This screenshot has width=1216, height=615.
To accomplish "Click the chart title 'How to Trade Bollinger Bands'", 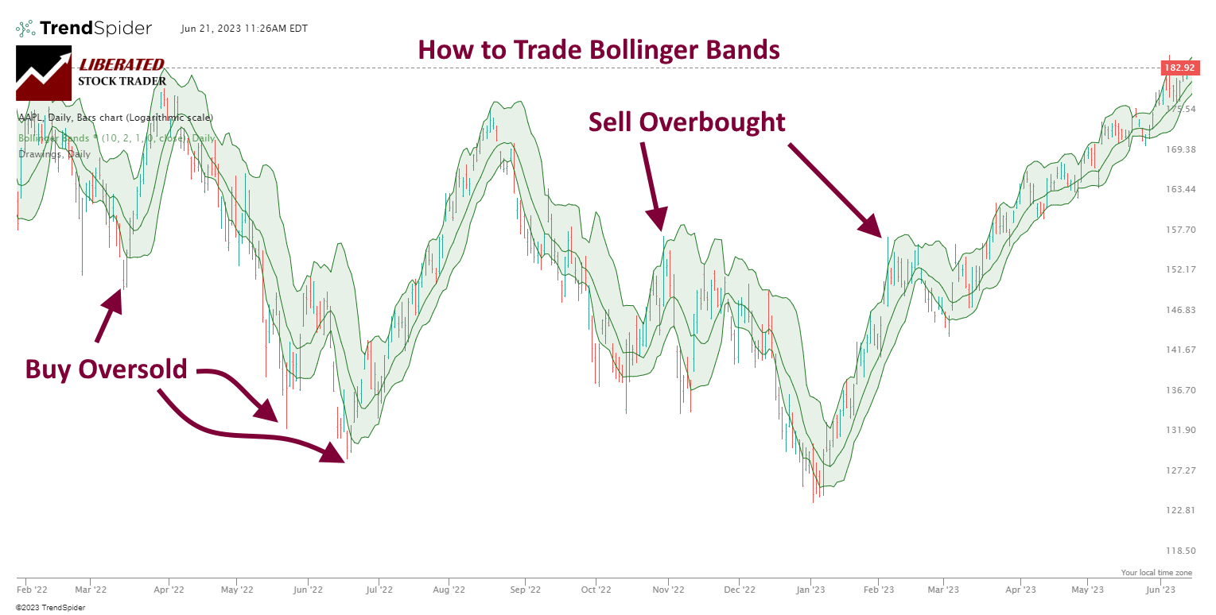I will click(x=599, y=50).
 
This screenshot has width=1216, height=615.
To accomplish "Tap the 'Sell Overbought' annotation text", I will click(x=686, y=122).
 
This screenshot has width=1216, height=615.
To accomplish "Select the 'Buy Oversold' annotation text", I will click(x=106, y=369).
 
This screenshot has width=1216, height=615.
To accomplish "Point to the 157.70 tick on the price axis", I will click(x=1179, y=230).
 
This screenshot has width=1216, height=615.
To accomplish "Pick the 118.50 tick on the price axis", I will click(x=1179, y=551).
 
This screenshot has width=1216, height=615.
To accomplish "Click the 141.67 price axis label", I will click(x=1179, y=350).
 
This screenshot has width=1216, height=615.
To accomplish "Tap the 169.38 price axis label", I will click(x=1179, y=149).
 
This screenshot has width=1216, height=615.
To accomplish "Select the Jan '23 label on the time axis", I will click(x=810, y=590).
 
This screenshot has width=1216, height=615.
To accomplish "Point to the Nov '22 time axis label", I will click(x=668, y=590).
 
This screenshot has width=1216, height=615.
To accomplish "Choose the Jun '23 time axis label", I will click(x=1160, y=590).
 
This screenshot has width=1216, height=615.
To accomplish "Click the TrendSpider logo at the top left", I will click(x=84, y=29).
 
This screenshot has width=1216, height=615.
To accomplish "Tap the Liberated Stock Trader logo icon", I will click(x=44, y=73).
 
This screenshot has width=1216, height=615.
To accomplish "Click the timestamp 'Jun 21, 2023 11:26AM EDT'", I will click(x=244, y=29).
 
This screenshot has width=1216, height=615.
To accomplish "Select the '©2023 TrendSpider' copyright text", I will click(x=50, y=608).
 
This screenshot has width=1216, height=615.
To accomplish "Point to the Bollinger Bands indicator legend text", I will click(x=116, y=137).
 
